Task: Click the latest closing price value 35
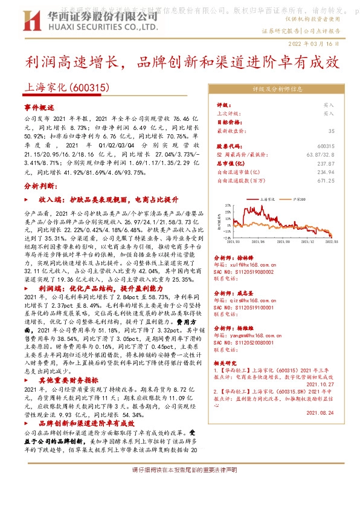(x=331, y=131)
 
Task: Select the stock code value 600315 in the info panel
(x=326, y=146)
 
